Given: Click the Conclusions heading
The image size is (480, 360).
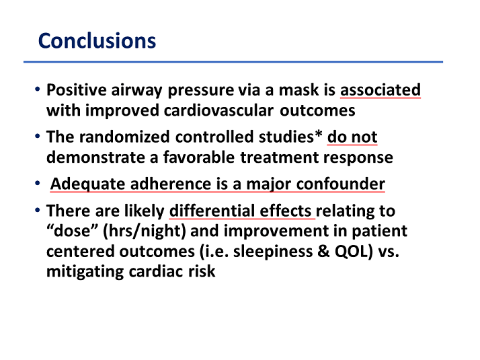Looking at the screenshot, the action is coord(97,40).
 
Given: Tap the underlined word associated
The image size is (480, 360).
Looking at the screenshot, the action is coord(381,90).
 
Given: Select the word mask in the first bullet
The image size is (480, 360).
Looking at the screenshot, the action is coord(298,90).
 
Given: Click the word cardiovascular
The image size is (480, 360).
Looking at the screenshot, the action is coord(218,110).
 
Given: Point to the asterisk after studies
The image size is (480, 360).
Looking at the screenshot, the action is coord(319,134).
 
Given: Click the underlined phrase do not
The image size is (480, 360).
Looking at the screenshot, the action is coord(352,137).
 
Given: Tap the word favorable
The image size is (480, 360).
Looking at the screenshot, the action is coord(199,157).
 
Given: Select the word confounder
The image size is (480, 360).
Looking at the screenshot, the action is coord(340,184).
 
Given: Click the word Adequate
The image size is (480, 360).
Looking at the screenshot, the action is coord(88,184).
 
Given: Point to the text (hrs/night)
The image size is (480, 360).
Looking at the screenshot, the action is coord(145,231).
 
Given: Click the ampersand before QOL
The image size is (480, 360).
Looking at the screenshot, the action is coord(324,251).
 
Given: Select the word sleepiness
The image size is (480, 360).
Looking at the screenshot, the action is coord(273,252).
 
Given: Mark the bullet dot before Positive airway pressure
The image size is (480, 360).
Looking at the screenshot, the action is coord(38,89).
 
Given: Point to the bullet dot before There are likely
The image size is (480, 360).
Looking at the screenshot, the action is coord(38,210).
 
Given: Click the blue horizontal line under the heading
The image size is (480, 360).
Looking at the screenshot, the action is coord(233,62).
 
